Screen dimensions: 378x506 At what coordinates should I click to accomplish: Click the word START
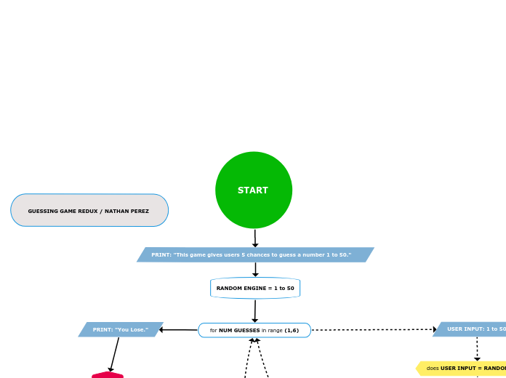tap(253, 190)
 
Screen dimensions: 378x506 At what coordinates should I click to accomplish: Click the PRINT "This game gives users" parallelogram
tap(255, 254)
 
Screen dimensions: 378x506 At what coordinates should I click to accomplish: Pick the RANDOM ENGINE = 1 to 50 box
tap(255, 288)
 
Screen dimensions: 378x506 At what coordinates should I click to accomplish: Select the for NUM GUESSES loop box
tap(254, 330)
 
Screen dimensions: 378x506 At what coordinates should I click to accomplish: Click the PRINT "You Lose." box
tap(121, 329)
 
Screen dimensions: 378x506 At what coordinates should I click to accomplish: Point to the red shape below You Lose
tap(108, 375)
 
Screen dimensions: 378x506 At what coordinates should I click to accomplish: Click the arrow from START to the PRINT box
tap(255, 238)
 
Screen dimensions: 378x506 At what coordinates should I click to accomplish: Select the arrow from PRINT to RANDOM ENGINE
tap(255, 269)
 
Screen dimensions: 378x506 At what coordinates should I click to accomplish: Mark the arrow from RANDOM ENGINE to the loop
tap(255, 310)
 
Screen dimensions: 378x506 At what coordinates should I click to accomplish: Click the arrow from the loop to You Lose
tap(179, 330)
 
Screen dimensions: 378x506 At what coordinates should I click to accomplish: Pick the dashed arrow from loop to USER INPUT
tap(372, 330)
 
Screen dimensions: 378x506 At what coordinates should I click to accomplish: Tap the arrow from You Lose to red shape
tap(114, 354)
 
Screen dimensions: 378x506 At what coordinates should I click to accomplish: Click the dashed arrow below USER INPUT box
tap(477, 348)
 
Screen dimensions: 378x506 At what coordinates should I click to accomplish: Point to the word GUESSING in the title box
tap(43, 212)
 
